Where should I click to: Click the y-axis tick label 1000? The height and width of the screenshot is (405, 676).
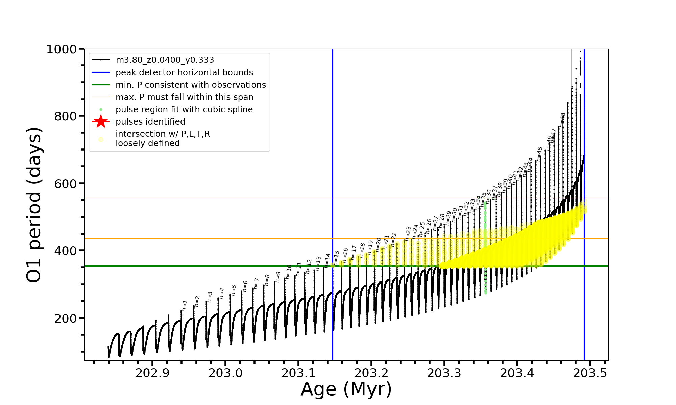[x=61, y=50]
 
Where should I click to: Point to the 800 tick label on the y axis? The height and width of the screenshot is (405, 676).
[x=65, y=116]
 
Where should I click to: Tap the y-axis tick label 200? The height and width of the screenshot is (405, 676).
[x=65, y=318]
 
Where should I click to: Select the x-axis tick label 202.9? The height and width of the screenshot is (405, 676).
[x=152, y=373]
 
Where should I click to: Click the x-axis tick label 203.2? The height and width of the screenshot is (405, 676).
[x=371, y=373]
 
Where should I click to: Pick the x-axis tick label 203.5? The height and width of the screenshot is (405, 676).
[x=590, y=373]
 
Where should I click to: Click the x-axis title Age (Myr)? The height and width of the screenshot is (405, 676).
[x=346, y=389]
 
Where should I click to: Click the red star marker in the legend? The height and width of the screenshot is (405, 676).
[x=101, y=122]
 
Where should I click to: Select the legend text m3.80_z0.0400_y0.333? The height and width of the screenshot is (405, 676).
[x=165, y=60]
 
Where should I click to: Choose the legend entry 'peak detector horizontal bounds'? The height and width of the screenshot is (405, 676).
[x=184, y=73]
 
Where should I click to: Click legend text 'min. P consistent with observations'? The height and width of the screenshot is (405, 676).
[x=191, y=85]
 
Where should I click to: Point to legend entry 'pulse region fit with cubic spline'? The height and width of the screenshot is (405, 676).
[x=184, y=110]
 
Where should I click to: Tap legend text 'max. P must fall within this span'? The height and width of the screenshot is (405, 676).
[x=184, y=97]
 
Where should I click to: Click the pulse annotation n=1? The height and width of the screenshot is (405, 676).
[x=185, y=305]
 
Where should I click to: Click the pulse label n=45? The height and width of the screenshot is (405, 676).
[x=540, y=154]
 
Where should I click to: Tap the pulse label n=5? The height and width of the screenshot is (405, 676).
[x=234, y=290]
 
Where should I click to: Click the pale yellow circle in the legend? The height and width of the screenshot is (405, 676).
[x=101, y=139]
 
